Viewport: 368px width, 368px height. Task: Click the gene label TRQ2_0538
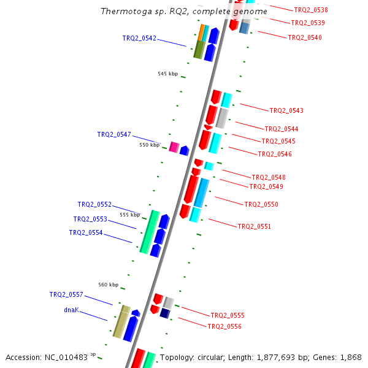(x=310, y=10)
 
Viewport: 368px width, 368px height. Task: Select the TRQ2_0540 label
(x=305, y=37)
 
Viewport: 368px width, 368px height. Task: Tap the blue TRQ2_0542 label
(x=139, y=38)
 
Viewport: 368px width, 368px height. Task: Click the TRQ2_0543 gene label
(x=286, y=110)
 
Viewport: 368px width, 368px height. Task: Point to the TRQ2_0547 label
(x=114, y=134)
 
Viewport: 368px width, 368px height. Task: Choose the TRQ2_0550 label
(x=261, y=204)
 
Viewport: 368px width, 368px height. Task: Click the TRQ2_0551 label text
(x=255, y=226)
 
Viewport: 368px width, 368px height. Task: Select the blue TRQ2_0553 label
(x=90, y=219)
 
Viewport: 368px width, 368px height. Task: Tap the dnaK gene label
(x=71, y=310)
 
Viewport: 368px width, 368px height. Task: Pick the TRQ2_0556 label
(x=224, y=326)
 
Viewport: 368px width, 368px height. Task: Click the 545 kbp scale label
(x=167, y=74)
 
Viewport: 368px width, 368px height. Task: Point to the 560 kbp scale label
(x=108, y=285)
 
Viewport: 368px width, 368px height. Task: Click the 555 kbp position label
(x=129, y=215)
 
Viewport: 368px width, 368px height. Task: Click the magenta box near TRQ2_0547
(x=174, y=147)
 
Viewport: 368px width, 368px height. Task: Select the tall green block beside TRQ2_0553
(x=149, y=232)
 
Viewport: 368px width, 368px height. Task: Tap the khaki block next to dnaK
(x=120, y=321)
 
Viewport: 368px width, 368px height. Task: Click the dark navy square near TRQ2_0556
(x=164, y=313)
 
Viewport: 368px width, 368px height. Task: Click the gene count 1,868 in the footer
(x=350, y=357)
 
